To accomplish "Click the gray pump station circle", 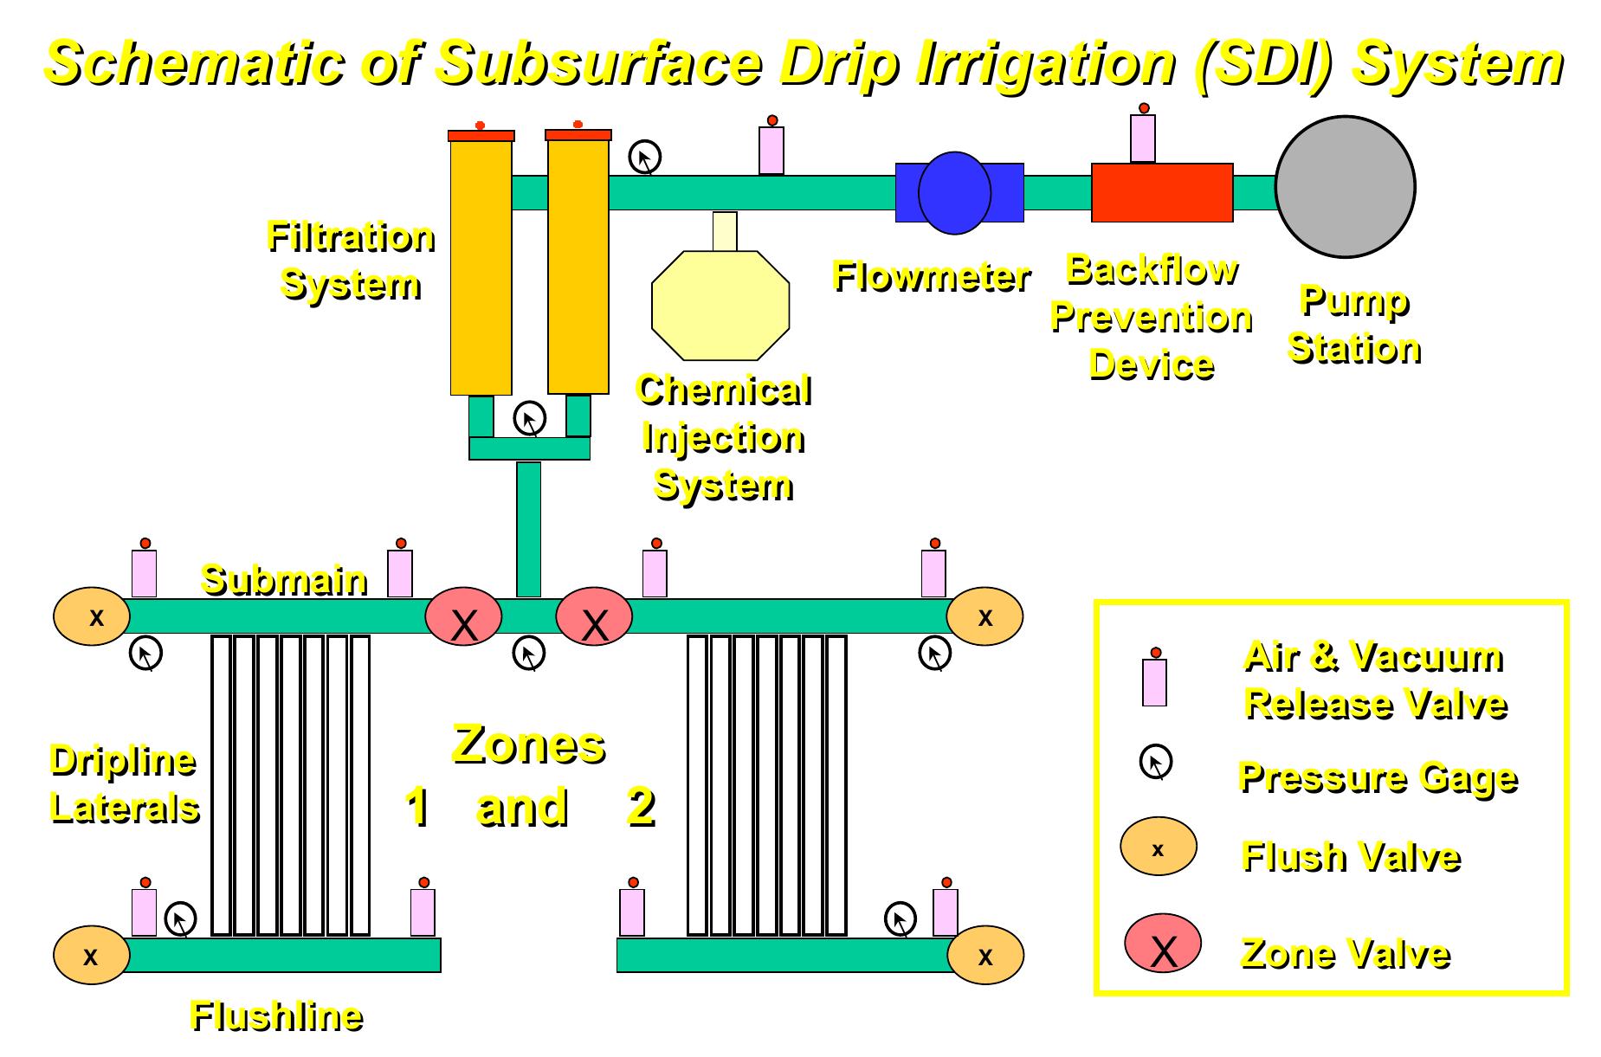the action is coord(1345,187).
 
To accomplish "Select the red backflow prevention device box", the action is coord(1161,192).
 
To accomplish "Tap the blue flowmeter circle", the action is coord(954,193).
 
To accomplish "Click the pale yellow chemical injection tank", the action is coord(720,304).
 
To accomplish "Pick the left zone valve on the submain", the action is coord(463,616).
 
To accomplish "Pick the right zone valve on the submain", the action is coord(594,616).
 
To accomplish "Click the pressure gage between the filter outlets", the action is coord(529,419).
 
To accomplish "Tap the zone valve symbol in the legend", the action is coord(1162,944).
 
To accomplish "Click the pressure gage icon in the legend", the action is coord(1155,762).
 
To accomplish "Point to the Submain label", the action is coord(284,579).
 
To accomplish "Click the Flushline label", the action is coord(275,1015).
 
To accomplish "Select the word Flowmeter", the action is coord(931,276).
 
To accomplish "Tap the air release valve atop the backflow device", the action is coord(1143,137).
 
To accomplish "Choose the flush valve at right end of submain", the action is coord(984,616).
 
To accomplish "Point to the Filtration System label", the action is coord(351,260).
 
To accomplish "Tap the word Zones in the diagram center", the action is coord(528,744).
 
